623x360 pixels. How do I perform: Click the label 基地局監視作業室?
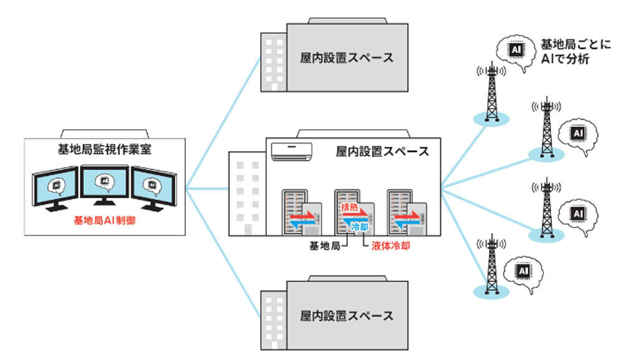(x=105, y=149)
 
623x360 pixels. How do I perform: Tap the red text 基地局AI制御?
(x=105, y=220)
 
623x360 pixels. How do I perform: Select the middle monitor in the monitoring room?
(x=105, y=184)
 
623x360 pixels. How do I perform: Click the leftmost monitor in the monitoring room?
(x=55, y=188)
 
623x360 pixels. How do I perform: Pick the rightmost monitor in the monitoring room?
(x=154, y=188)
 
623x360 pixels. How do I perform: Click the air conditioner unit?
(x=291, y=151)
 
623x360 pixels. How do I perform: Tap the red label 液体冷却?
(x=391, y=246)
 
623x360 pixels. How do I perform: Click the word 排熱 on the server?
(x=350, y=207)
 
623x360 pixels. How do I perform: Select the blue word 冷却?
(x=359, y=227)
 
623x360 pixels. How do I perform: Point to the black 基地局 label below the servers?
(x=325, y=246)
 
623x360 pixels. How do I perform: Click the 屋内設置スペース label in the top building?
(x=346, y=58)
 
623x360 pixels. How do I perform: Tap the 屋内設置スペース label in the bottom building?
(x=346, y=316)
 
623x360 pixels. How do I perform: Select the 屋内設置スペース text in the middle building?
(x=383, y=151)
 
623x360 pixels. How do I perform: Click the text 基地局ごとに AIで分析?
(x=575, y=51)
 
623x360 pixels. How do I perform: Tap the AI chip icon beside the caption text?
(x=516, y=50)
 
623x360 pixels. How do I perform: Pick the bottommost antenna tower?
(x=492, y=264)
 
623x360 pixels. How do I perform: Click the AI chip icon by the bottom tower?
(x=523, y=271)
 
